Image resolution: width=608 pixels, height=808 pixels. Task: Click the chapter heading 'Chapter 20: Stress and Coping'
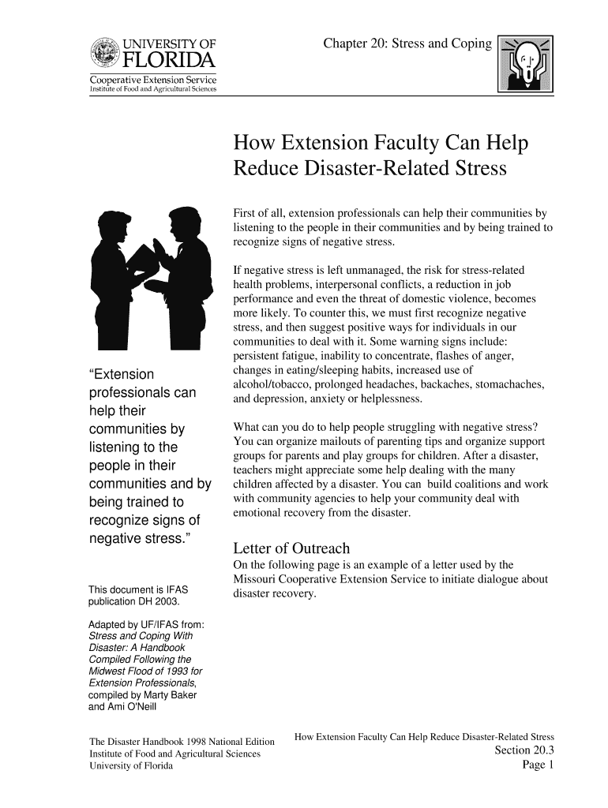pos(407,43)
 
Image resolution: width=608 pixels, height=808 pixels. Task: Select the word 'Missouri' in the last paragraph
pos(257,580)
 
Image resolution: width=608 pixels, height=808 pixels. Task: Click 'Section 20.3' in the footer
pos(524,750)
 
